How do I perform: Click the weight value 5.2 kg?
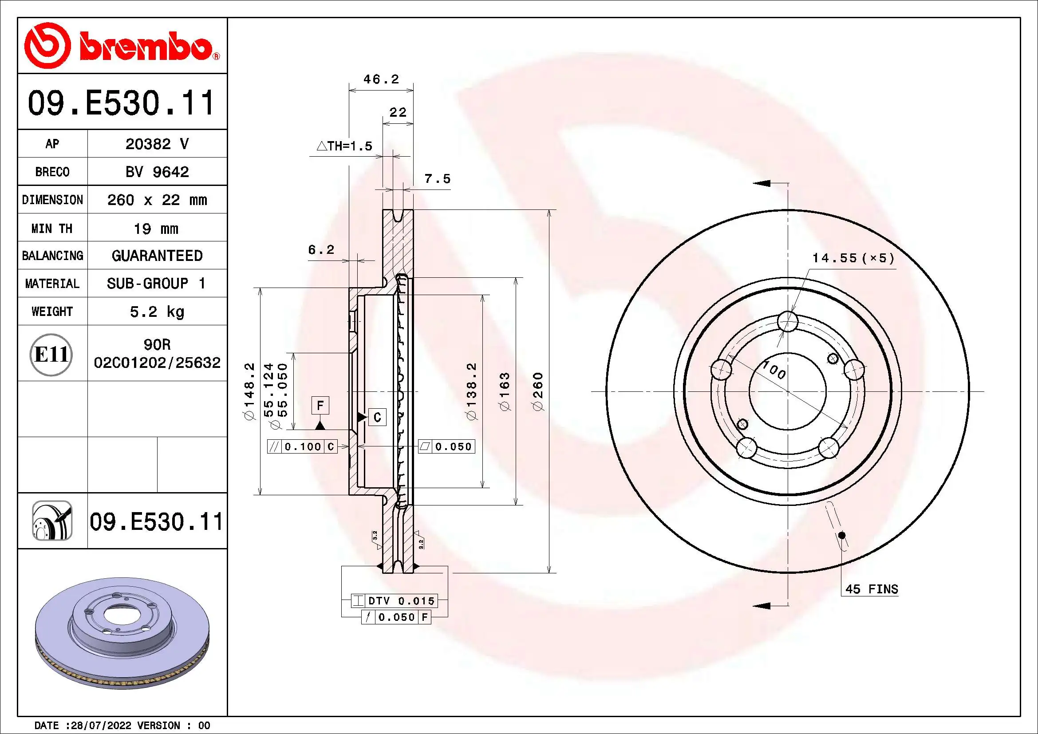coord(157,312)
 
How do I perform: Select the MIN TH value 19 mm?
coord(156,228)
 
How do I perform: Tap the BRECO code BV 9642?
coord(157,172)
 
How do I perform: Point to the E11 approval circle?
coord(51,354)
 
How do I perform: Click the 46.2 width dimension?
coord(381,79)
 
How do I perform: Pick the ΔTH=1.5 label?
coord(344,146)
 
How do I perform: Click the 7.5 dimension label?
coord(437,179)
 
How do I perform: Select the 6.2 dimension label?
coord(321,249)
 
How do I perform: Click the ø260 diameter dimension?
coord(538,391)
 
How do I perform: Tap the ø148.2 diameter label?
coord(249,391)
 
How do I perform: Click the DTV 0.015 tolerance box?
coord(395,601)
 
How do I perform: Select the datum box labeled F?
coord(320,406)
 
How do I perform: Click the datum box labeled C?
coord(378,417)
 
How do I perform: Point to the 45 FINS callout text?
coord(871,589)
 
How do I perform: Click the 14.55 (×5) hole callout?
coord(853,258)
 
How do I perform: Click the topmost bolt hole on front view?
coord(788,322)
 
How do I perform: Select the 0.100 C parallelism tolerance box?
coord(303,446)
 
